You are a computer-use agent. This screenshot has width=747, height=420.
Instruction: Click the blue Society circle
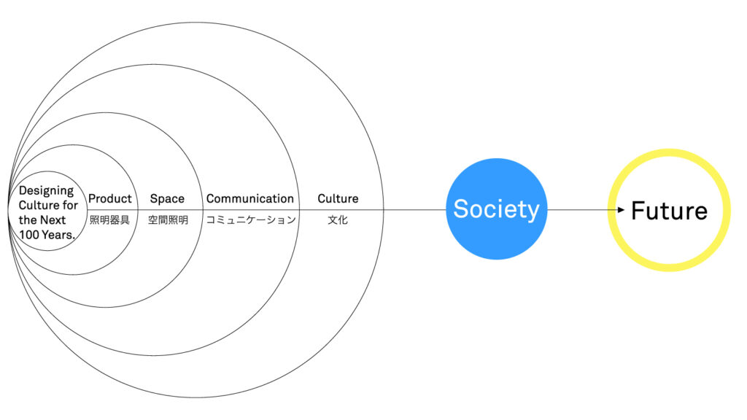[x=496, y=209]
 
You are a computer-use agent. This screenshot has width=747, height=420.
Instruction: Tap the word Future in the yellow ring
[x=670, y=211]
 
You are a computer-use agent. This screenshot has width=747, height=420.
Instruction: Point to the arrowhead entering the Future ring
[x=621, y=209]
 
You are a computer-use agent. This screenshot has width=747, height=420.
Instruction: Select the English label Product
[x=110, y=198]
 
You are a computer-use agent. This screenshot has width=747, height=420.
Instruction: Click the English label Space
[x=167, y=199]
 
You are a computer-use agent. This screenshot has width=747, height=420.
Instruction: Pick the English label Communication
[x=250, y=198]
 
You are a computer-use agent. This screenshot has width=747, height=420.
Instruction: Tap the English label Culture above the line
[x=338, y=198]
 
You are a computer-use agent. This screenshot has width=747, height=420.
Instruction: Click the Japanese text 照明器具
[x=109, y=220]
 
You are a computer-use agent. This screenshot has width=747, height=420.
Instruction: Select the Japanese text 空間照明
[x=168, y=220]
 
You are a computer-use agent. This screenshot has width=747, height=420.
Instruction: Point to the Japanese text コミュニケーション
[x=251, y=220]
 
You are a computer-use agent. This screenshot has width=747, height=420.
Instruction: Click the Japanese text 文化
[x=338, y=220]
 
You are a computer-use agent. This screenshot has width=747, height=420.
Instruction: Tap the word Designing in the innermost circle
[x=47, y=191]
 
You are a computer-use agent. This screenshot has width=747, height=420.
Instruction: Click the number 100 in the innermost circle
[x=29, y=235]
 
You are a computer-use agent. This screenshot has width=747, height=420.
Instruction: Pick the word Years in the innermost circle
[x=58, y=235]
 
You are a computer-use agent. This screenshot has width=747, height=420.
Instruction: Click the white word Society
[x=496, y=209]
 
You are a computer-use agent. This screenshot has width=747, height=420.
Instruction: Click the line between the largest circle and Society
[x=414, y=209]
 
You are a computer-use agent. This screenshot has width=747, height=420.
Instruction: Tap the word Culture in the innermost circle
[x=39, y=205]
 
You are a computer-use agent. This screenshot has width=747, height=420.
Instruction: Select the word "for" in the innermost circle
[x=70, y=205]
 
